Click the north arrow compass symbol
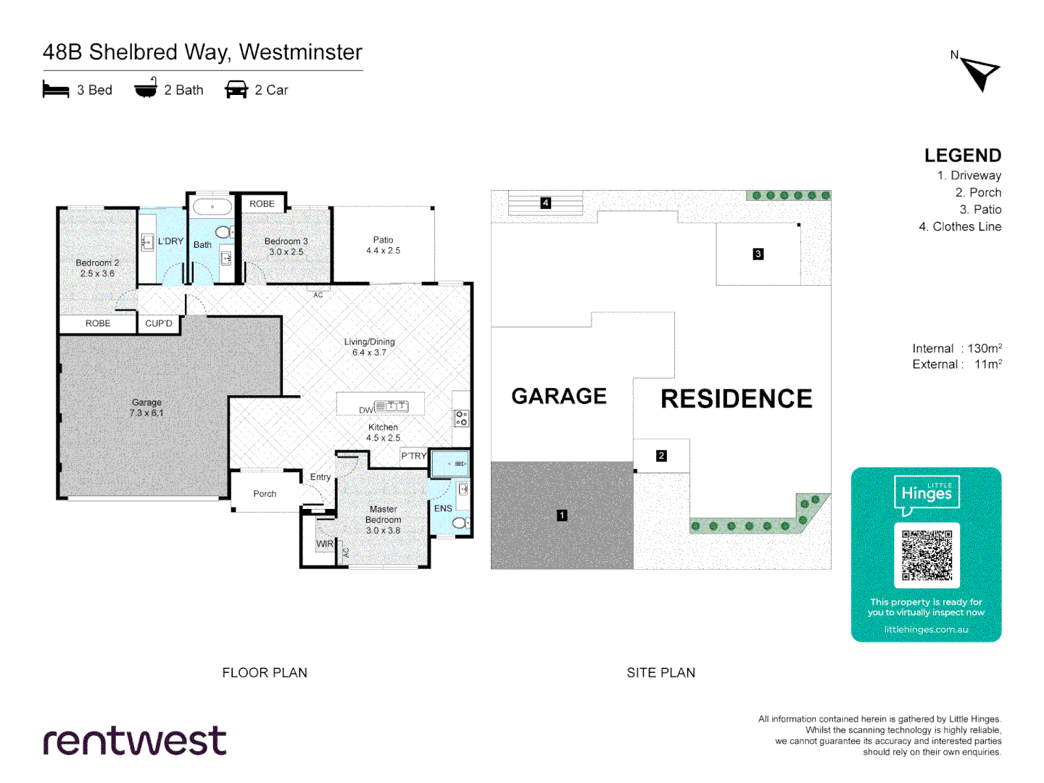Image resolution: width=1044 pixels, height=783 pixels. [x=980, y=72]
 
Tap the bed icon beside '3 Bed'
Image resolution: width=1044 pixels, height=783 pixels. [x=56, y=90]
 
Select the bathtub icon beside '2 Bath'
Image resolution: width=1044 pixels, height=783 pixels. [x=146, y=88]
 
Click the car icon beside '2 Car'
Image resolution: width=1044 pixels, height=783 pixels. [x=236, y=90]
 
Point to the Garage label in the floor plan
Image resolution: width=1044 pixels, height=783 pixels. [x=146, y=407]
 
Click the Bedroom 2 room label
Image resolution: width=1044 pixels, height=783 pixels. [x=97, y=268]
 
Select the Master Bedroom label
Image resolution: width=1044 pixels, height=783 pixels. [x=384, y=520]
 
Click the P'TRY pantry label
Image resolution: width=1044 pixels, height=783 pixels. [x=414, y=456]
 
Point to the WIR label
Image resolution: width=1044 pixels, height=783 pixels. [x=325, y=544]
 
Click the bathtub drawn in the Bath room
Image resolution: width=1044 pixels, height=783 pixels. [x=212, y=207]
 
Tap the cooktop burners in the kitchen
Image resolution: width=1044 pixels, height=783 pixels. [x=461, y=418]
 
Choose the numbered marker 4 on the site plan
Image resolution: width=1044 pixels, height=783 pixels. [x=546, y=203]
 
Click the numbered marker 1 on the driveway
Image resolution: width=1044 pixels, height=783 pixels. [x=562, y=515]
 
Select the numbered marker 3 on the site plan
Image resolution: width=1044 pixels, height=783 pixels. [x=758, y=254]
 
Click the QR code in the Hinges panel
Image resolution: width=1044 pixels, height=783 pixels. [x=927, y=555]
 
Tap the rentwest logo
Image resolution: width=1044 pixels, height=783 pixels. [x=135, y=741]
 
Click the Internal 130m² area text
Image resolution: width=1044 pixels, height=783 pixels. [x=957, y=349]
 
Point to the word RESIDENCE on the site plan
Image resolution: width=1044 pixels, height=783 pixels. [x=737, y=399]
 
